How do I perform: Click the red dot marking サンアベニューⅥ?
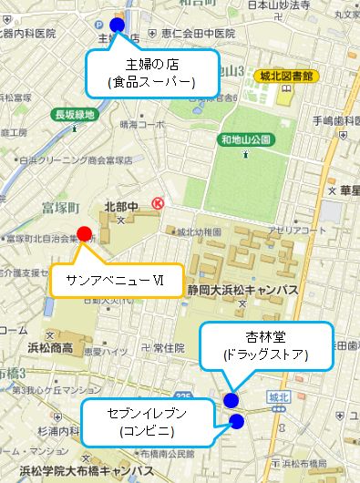[84, 234]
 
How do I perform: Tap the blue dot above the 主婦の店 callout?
[116, 26]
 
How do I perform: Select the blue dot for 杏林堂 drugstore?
[231, 400]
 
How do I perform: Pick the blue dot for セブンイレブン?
[237, 421]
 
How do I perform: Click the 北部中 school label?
[119, 207]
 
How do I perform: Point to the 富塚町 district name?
[61, 207]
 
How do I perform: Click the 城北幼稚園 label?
[199, 231]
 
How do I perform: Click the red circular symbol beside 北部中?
[157, 204]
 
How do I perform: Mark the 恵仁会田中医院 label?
[196, 34]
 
